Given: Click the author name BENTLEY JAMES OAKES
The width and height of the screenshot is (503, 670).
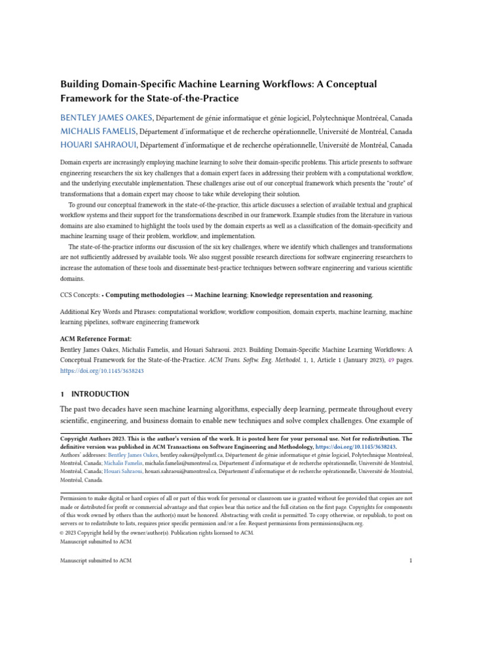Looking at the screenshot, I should click(x=106, y=118).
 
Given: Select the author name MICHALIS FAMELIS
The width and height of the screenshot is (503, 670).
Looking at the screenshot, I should click(x=98, y=132).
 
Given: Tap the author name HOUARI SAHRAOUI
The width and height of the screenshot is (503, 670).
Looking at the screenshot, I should click(x=99, y=145).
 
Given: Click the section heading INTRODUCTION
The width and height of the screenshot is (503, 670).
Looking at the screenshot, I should click(x=100, y=395).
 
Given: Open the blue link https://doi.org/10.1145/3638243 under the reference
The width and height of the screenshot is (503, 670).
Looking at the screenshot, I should click(x=102, y=370).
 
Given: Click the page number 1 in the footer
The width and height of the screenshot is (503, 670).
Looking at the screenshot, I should click(x=410, y=561).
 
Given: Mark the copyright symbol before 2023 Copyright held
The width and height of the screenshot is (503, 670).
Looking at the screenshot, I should click(x=62, y=533).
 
